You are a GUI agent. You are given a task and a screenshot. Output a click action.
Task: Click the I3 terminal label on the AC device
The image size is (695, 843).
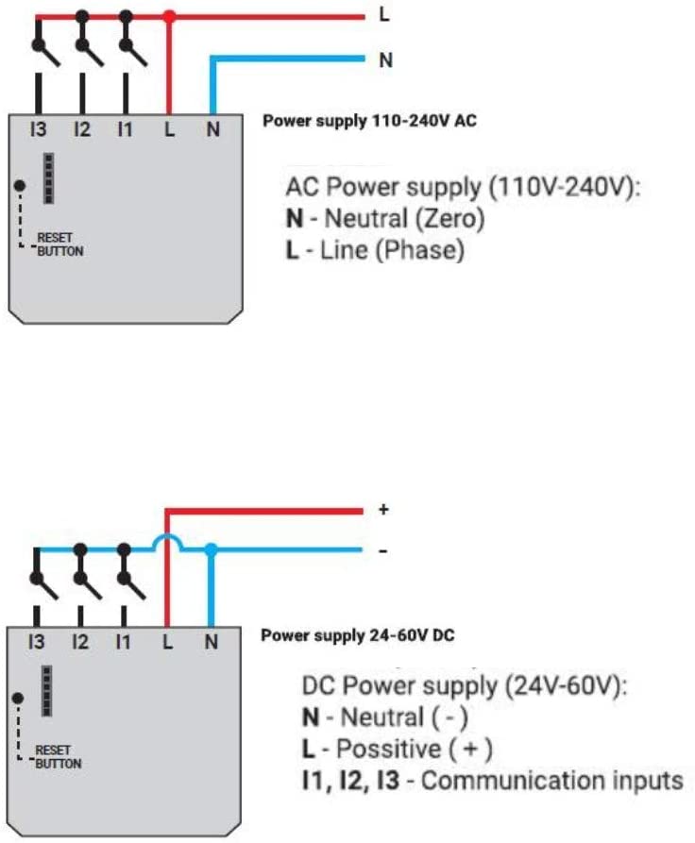38,129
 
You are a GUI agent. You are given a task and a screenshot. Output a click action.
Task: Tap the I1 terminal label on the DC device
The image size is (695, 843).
123,641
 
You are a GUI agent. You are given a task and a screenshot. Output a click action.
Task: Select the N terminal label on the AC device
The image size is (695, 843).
213,129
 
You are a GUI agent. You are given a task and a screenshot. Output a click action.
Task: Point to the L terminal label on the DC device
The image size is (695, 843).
168,641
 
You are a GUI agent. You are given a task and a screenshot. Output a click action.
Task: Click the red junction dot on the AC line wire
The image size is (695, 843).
169,17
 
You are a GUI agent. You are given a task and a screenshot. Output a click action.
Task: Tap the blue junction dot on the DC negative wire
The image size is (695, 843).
212,549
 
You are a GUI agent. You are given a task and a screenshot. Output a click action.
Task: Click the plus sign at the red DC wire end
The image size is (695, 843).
383,509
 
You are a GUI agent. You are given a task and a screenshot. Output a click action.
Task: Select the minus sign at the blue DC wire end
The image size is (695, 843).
383,551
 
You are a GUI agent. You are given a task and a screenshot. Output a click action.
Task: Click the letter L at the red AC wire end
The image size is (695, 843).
384,14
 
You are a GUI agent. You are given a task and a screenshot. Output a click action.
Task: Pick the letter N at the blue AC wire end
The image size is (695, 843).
385,59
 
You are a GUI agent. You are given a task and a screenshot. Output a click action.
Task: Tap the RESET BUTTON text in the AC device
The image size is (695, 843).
60,244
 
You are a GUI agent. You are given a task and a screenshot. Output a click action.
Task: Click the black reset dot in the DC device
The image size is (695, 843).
18,698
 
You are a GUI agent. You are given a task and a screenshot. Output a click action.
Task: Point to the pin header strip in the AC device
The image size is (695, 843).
48,178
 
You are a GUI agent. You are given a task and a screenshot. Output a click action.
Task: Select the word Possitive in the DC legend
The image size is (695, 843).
388,749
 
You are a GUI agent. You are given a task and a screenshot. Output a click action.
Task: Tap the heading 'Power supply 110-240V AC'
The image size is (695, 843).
369,121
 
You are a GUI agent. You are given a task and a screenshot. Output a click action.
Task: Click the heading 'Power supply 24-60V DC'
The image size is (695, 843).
358,635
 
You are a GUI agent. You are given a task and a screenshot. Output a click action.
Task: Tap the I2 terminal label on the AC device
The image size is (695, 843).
82,129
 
